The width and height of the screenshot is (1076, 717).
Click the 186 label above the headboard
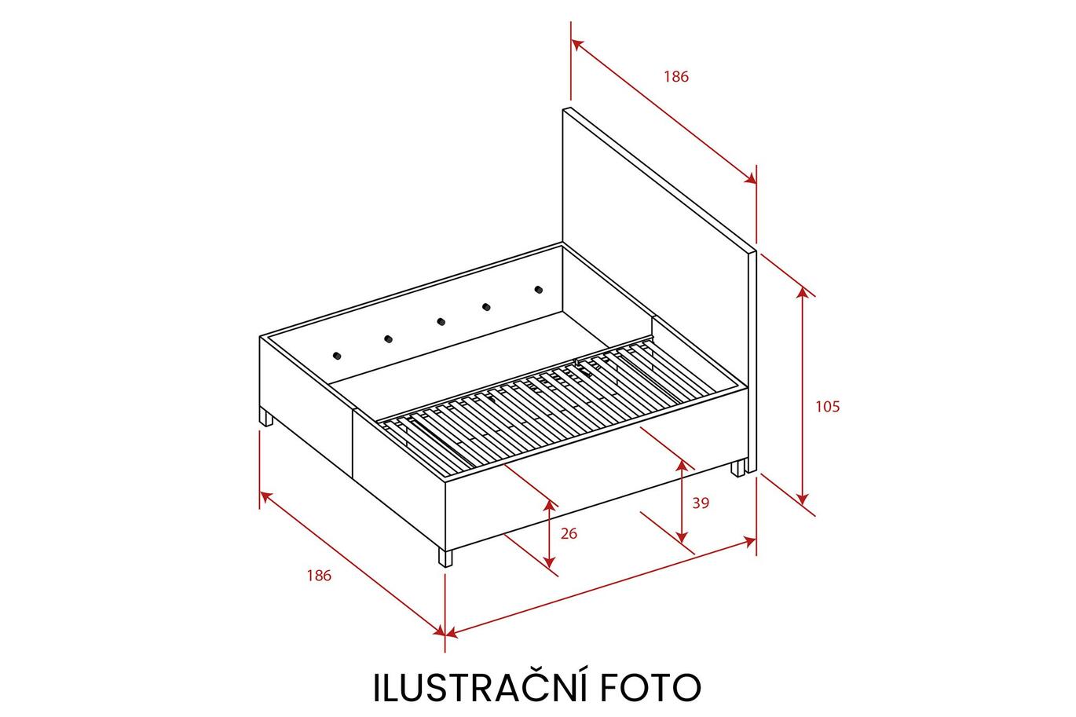click(676, 76)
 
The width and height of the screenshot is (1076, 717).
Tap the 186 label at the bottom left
click(319, 576)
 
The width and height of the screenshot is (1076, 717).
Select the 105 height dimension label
click(828, 406)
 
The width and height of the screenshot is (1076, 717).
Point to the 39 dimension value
click(701, 503)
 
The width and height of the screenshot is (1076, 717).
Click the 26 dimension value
click(569, 533)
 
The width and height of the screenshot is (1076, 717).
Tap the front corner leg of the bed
click(445, 558)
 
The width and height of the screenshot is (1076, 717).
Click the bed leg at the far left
click(265, 417)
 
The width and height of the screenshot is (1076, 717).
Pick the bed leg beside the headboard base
click(738, 468)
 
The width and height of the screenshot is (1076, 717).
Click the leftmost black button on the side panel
click(337, 356)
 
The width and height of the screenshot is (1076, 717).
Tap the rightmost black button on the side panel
click(539, 290)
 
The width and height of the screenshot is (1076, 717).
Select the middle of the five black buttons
click(441, 321)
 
